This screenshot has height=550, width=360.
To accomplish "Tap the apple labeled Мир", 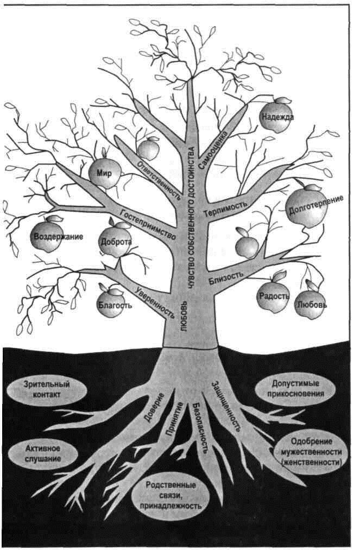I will pyautogui.click(x=104, y=173).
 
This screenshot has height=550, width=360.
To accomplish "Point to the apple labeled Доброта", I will pyautogui.click(x=115, y=242).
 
